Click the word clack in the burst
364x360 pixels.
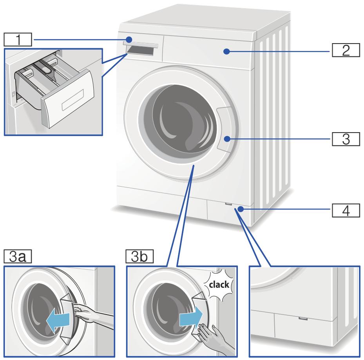pyautogui.click(x=219, y=286)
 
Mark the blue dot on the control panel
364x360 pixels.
pyautogui.click(x=226, y=51)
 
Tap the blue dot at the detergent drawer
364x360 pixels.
pyautogui.click(x=129, y=39)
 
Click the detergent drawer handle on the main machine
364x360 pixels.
pyautogui.click(x=141, y=45)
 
